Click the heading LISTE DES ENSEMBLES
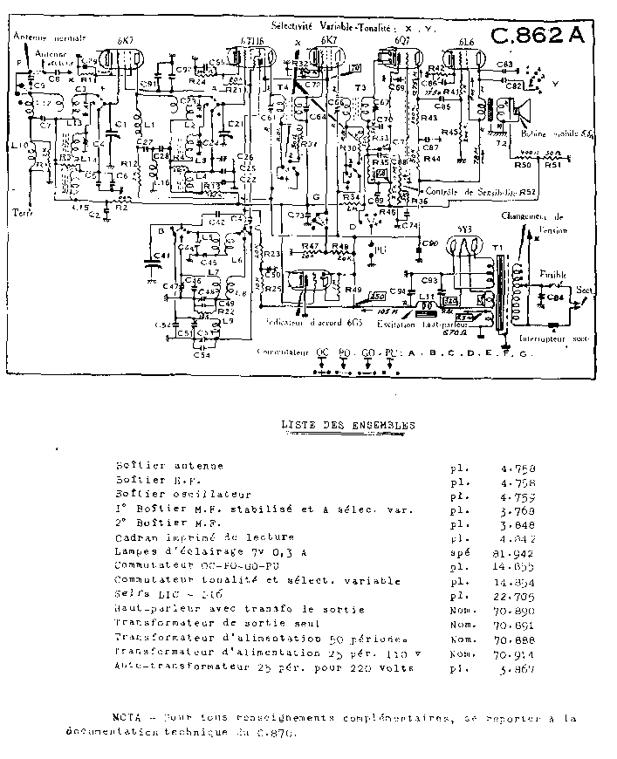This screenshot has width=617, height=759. (348, 426)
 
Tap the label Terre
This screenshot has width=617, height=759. (21, 211)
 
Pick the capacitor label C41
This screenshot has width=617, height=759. (161, 256)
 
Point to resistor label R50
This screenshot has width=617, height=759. (523, 164)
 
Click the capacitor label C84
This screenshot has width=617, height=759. (553, 297)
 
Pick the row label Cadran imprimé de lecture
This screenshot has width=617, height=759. (204, 537)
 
